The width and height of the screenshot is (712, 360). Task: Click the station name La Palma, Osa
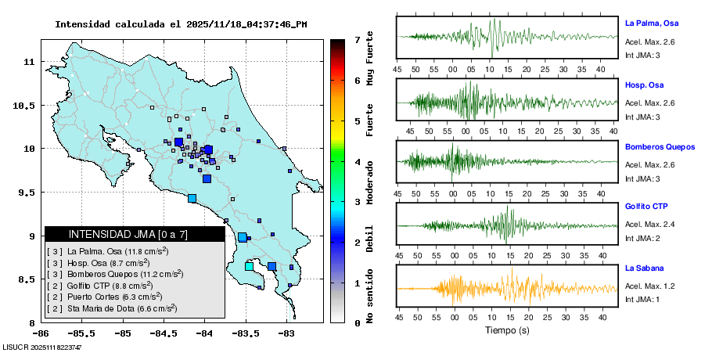pos(656,23)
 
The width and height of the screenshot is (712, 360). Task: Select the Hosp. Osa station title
pos(644,85)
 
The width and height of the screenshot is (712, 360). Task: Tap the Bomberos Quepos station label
pos(660,146)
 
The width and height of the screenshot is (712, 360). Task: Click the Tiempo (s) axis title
pos(507,330)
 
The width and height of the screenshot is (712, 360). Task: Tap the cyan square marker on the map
pos(249,266)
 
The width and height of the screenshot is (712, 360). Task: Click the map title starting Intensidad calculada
pos(180,24)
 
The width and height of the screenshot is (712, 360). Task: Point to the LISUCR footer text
pos(42,347)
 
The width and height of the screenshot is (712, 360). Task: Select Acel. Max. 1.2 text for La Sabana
pos(649,286)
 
